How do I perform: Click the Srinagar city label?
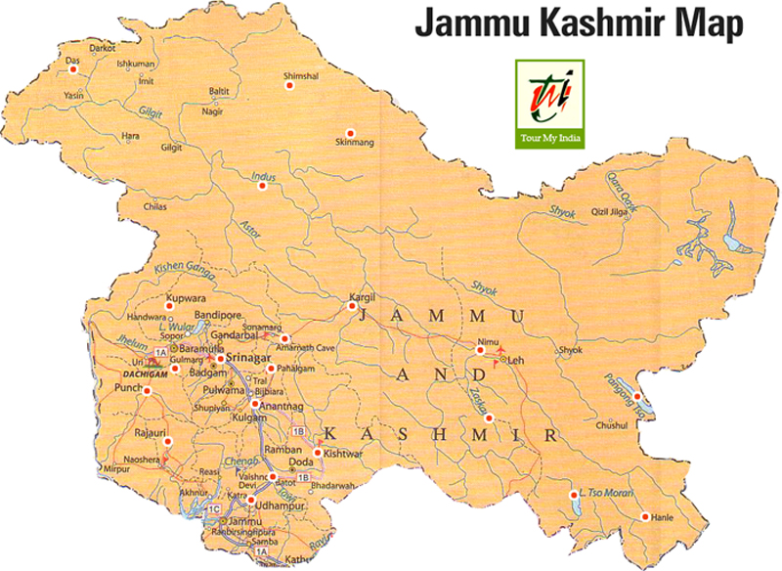pyautogui.click(x=250, y=359)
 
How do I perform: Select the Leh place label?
pyautogui.click(x=518, y=360)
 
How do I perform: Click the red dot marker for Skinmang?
pyautogui.click(x=350, y=133)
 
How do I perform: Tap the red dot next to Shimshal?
pyautogui.click(x=288, y=86)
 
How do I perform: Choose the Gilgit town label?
pyautogui.click(x=171, y=148)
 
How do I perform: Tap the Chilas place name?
pyautogui.click(x=154, y=207)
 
